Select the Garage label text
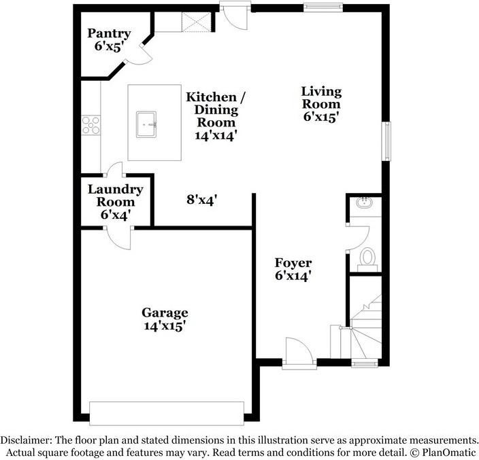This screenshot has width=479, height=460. (x=165, y=319)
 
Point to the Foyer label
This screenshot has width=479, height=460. (x=293, y=269)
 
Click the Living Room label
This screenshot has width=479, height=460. (x=321, y=103)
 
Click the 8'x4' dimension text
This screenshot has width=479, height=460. (x=202, y=200)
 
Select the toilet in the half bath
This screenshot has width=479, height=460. (x=367, y=257)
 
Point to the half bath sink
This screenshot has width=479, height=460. (x=363, y=202)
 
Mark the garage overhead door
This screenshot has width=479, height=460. (x=166, y=412)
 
